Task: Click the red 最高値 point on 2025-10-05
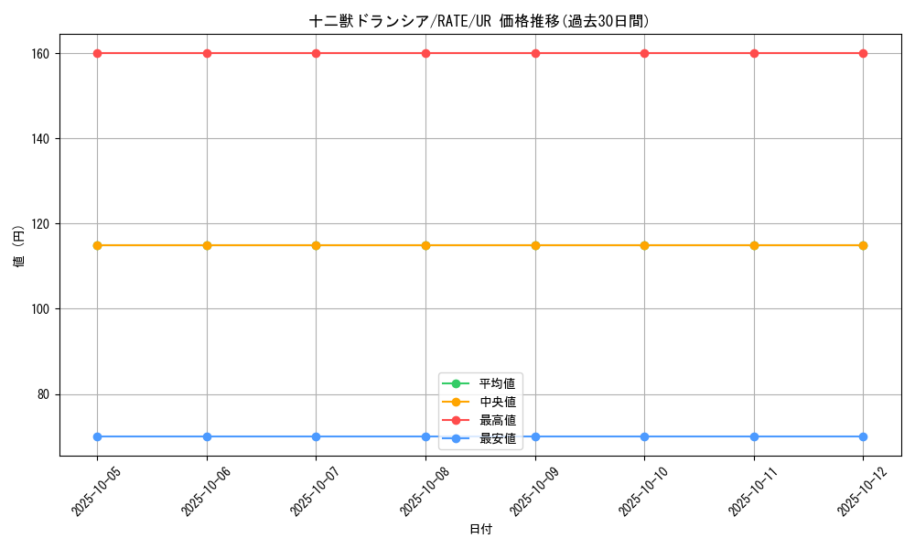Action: tap(97, 53)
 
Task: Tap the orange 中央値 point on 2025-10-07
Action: tap(316, 245)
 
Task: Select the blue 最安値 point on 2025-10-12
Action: tap(863, 436)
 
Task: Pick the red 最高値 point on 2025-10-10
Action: tap(644, 53)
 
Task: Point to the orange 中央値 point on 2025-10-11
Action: tap(754, 245)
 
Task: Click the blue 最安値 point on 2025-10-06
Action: tap(207, 436)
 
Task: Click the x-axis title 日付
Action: tap(480, 530)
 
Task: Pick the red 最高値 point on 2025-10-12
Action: tap(863, 53)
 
